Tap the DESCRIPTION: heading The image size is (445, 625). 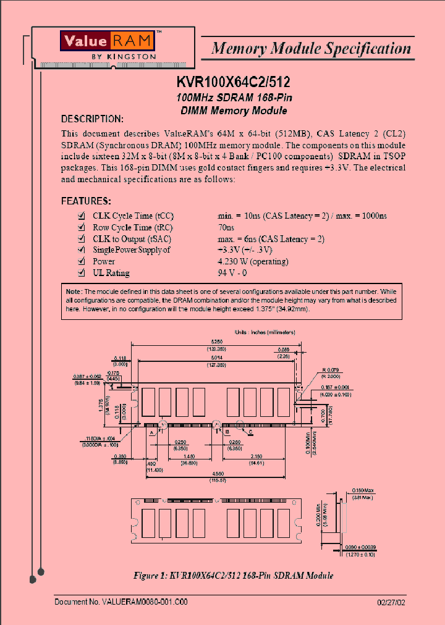pyautogui.click(x=92, y=119)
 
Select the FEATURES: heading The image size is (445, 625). pyautogui.click(x=86, y=201)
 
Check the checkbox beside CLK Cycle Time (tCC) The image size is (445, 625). pyautogui.click(x=81, y=216)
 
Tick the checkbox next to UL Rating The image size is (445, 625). pyautogui.click(x=81, y=272)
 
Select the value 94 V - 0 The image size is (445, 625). pyautogui.click(x=232, y=272)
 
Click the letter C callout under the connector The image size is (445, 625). pyautogui.click(x=250, y=432)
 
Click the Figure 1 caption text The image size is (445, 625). pyautogui.click(x=234, y=576)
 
